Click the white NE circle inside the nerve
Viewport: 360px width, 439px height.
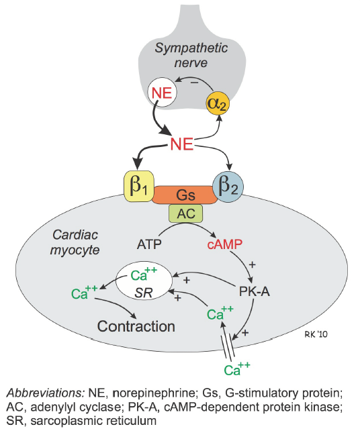[x=162, y=93]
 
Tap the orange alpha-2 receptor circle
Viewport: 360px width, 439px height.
[x=218, y=103]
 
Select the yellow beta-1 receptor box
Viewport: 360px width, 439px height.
[x=139, y=186]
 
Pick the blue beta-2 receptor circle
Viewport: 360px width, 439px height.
[x=228, y=187]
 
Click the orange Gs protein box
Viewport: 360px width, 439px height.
[x=185, y=195]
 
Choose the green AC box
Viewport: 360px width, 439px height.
[x=186, y=213]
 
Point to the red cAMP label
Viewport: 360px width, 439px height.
[x=225, y=244]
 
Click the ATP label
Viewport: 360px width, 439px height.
[x=149, y=244]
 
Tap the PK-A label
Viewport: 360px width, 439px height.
[x=255, y=291]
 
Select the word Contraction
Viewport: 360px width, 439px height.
[x=136, y=326]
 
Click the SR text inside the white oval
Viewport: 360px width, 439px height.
[x=144, y=293]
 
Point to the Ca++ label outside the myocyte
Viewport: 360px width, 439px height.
[x=236, y=369]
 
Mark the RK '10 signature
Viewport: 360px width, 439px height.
[x=316, y=334]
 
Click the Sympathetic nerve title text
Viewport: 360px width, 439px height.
[x=191, y=55]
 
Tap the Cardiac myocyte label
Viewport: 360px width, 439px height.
[x=75, y=242]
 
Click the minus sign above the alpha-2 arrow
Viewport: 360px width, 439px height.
[x=194, y=83]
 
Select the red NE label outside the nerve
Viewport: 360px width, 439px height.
[x=182, y=144]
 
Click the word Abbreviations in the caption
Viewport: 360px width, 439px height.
[x=46, y=393]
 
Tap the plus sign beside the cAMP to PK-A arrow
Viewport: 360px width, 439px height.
[x=253, y=264]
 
